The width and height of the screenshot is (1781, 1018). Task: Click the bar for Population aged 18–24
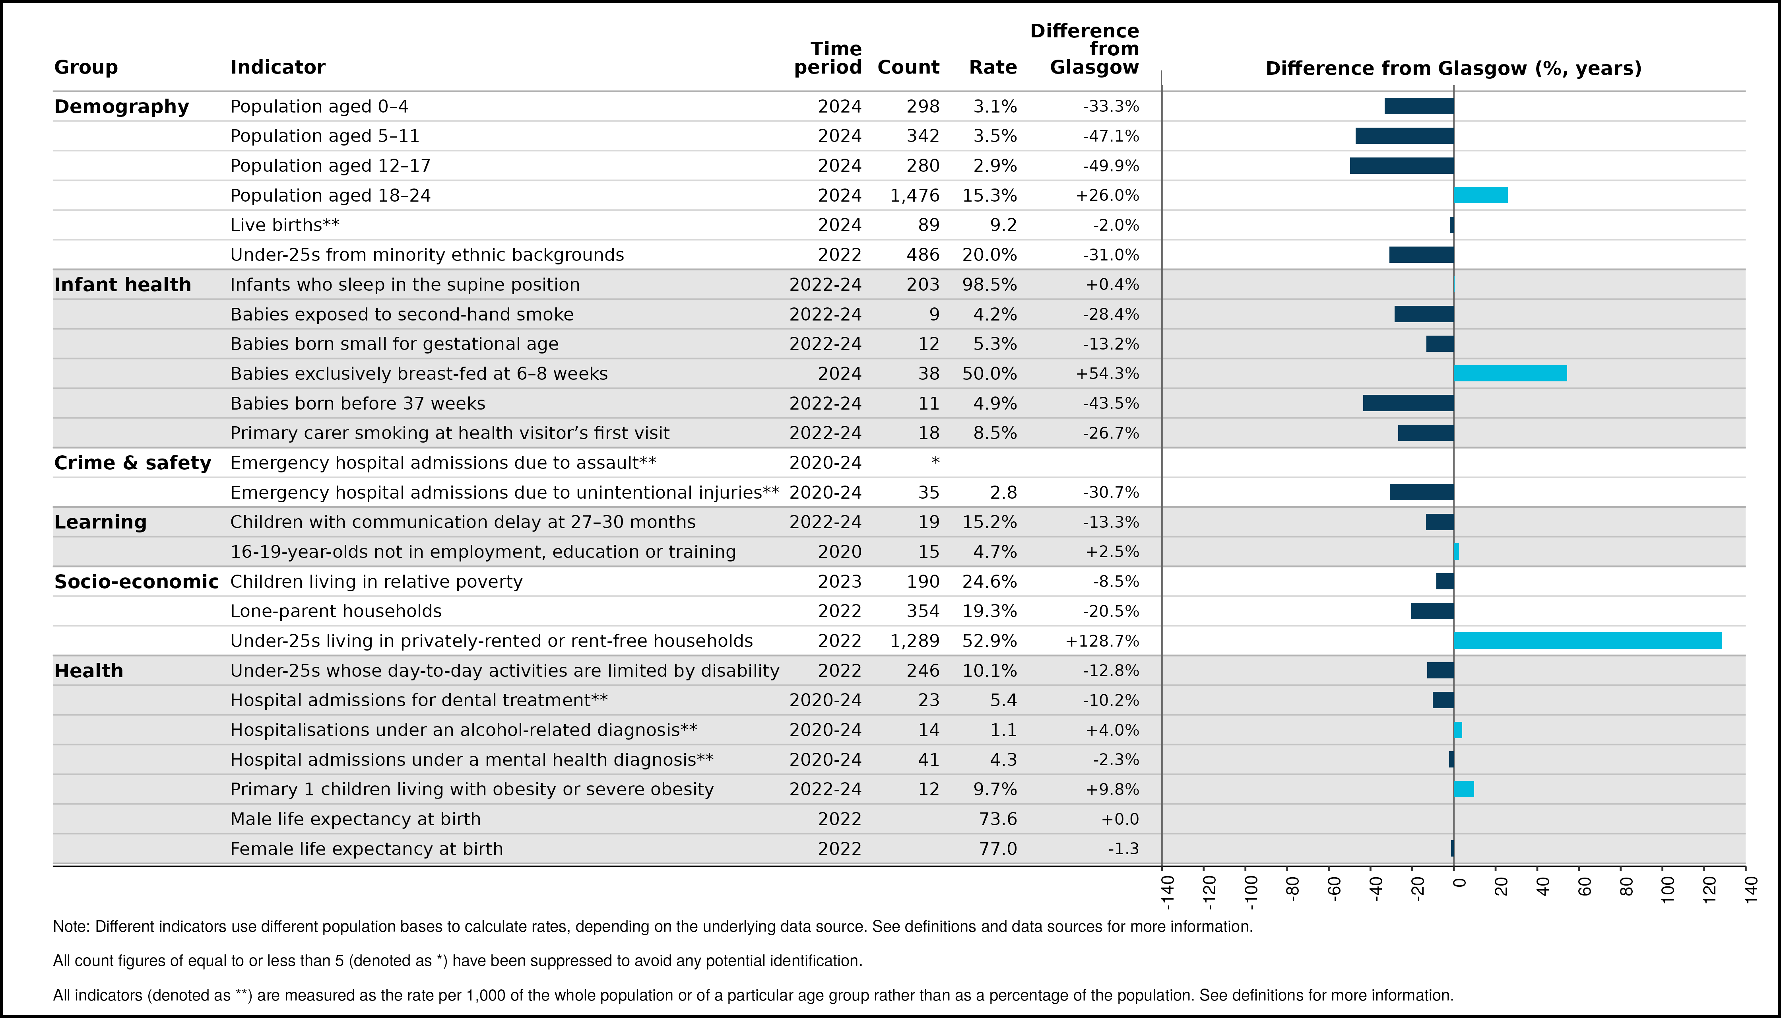coord(1480,195)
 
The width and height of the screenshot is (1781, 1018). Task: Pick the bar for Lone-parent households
coord(1432,611)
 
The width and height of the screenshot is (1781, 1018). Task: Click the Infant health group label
coord(122,285)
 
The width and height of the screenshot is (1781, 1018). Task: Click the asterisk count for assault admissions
coord(935,461)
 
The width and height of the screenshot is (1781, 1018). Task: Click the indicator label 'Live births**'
coord(285,225)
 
